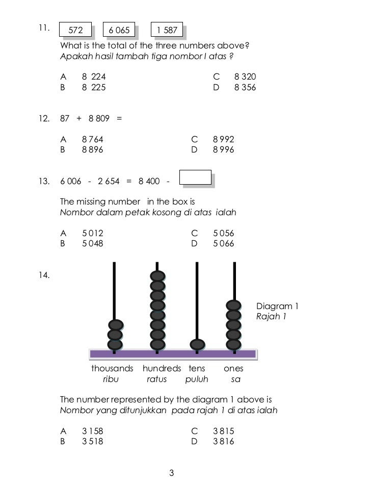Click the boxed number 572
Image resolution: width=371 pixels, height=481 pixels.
[75, 30]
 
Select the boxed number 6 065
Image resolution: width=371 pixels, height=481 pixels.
[119, 30]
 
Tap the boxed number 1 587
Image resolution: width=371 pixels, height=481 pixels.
[167, 30]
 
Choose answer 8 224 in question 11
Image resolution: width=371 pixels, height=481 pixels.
[94, 77]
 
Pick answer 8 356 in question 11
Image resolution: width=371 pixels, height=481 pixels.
[245, 87]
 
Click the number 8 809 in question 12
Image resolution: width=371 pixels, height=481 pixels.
[99, 118]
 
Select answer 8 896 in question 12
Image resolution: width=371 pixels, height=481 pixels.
[92, 149]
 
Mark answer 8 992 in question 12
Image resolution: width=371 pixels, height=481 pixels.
[223, 139]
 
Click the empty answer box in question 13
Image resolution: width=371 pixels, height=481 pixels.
[196, 177]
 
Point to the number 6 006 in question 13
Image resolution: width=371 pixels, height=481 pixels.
[70, 182]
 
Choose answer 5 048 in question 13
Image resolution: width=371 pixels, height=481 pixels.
[92, 243]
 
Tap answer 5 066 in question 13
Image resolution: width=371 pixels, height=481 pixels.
[223, 243]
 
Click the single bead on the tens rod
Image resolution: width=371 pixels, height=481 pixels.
[197, 345]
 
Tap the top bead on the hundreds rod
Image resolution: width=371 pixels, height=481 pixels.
[157, 276]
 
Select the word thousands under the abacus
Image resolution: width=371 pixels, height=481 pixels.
[112, 368]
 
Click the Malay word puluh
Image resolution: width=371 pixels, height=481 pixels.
[197, 379]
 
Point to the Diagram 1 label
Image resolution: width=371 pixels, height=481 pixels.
[277, 306]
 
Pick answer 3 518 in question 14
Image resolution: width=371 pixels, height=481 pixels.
[92, 441]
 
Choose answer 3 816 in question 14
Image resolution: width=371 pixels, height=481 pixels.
[223, 441]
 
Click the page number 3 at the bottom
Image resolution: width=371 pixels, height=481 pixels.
[172, 473]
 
